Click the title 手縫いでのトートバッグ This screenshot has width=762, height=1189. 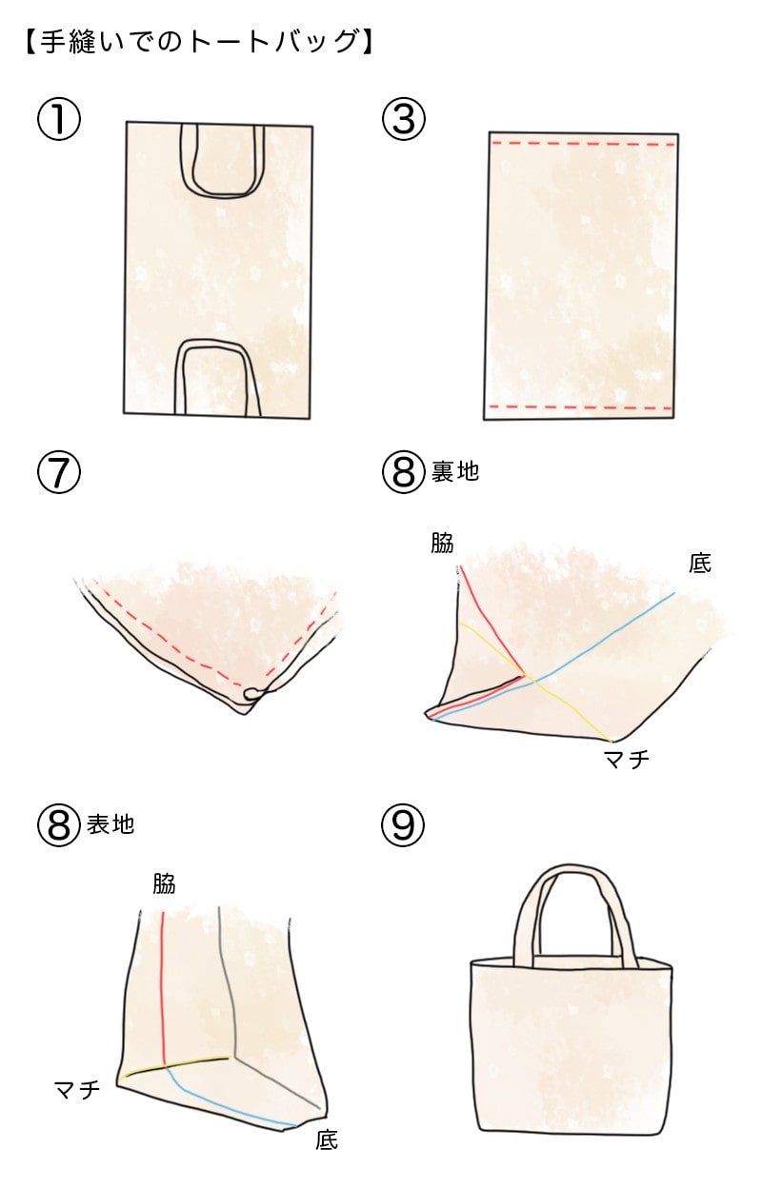[196, 43]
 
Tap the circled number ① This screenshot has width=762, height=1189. [58, 121]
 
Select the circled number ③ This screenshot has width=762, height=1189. [403, 121]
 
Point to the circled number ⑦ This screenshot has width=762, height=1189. [58, 473]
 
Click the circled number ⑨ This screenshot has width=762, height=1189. [403, 824]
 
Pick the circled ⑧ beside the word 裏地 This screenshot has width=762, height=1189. [403, 473]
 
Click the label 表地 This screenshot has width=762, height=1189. [110, 824]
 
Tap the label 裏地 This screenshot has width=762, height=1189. [455, 472]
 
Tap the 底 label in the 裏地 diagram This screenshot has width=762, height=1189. [700, 564]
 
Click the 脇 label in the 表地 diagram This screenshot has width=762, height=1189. [164, 883]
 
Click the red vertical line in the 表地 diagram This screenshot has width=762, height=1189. [165, 981]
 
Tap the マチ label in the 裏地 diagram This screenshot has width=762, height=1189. [627, 759]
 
